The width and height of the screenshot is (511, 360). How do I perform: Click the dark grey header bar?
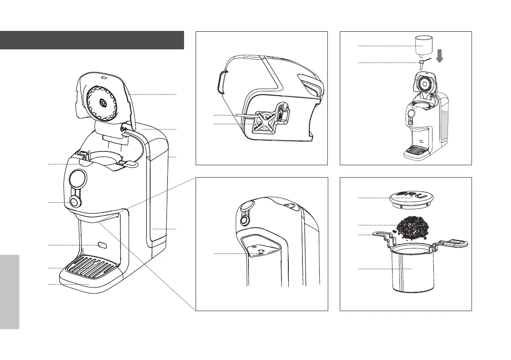pos(92,40)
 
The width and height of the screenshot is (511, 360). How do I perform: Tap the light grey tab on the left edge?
pos(9,292)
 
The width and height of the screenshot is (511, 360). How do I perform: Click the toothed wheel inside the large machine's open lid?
pos(103,103)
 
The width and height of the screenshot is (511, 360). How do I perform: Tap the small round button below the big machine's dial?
pos(74,202)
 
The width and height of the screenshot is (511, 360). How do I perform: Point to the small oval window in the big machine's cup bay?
pos(102,245)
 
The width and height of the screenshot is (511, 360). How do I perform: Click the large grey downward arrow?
pos(440,54)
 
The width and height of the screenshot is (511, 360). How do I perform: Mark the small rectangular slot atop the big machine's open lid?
pos(103,78)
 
